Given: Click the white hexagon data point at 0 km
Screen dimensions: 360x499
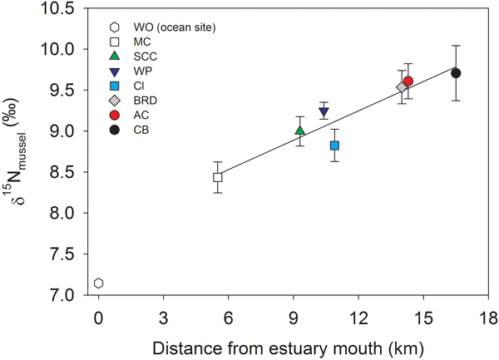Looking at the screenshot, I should point(98,284).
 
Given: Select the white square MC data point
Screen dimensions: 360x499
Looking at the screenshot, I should point(218,177).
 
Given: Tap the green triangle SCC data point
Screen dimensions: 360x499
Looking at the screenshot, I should point(299,131).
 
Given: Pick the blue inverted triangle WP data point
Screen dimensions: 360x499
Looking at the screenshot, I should point(324,112).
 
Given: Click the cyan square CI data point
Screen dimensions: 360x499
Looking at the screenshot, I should point(334,145).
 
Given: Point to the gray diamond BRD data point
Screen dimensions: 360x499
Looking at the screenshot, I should point(403,87).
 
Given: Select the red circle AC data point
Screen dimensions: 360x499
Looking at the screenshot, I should point(408,81).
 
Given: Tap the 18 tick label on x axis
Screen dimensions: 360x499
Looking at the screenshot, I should point(488,317).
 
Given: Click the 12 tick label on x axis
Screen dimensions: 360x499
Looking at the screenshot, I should point(358,317).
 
